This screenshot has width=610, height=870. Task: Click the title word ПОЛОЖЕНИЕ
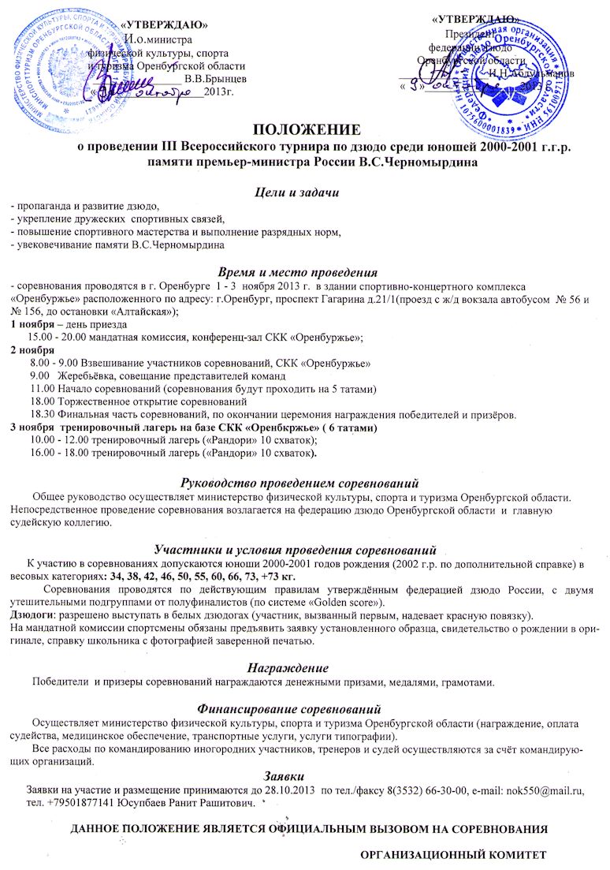click(304, 129)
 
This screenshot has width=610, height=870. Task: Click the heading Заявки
click(304, 776)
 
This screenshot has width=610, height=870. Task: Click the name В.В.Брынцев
click(214, 79)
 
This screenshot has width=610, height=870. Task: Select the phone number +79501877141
click(84, 803)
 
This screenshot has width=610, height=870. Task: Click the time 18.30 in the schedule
click(41, 414)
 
